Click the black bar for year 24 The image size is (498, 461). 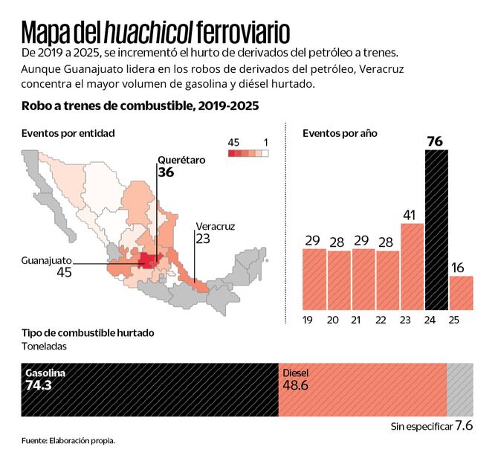coord(436,230)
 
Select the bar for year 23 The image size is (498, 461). coord(413,266)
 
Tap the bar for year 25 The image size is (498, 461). coord(461,292)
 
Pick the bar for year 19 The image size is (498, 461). coord(314,279)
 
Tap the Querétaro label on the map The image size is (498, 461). coord(181,159)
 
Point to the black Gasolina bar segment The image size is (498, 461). coord(149,390)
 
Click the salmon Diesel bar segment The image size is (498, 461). coord(362,390)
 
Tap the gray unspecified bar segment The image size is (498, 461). coord(459,390)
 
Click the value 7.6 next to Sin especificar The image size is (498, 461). coord(463,426)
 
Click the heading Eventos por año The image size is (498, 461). coord(340,133)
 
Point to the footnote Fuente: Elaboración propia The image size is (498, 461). coord(68,441)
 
